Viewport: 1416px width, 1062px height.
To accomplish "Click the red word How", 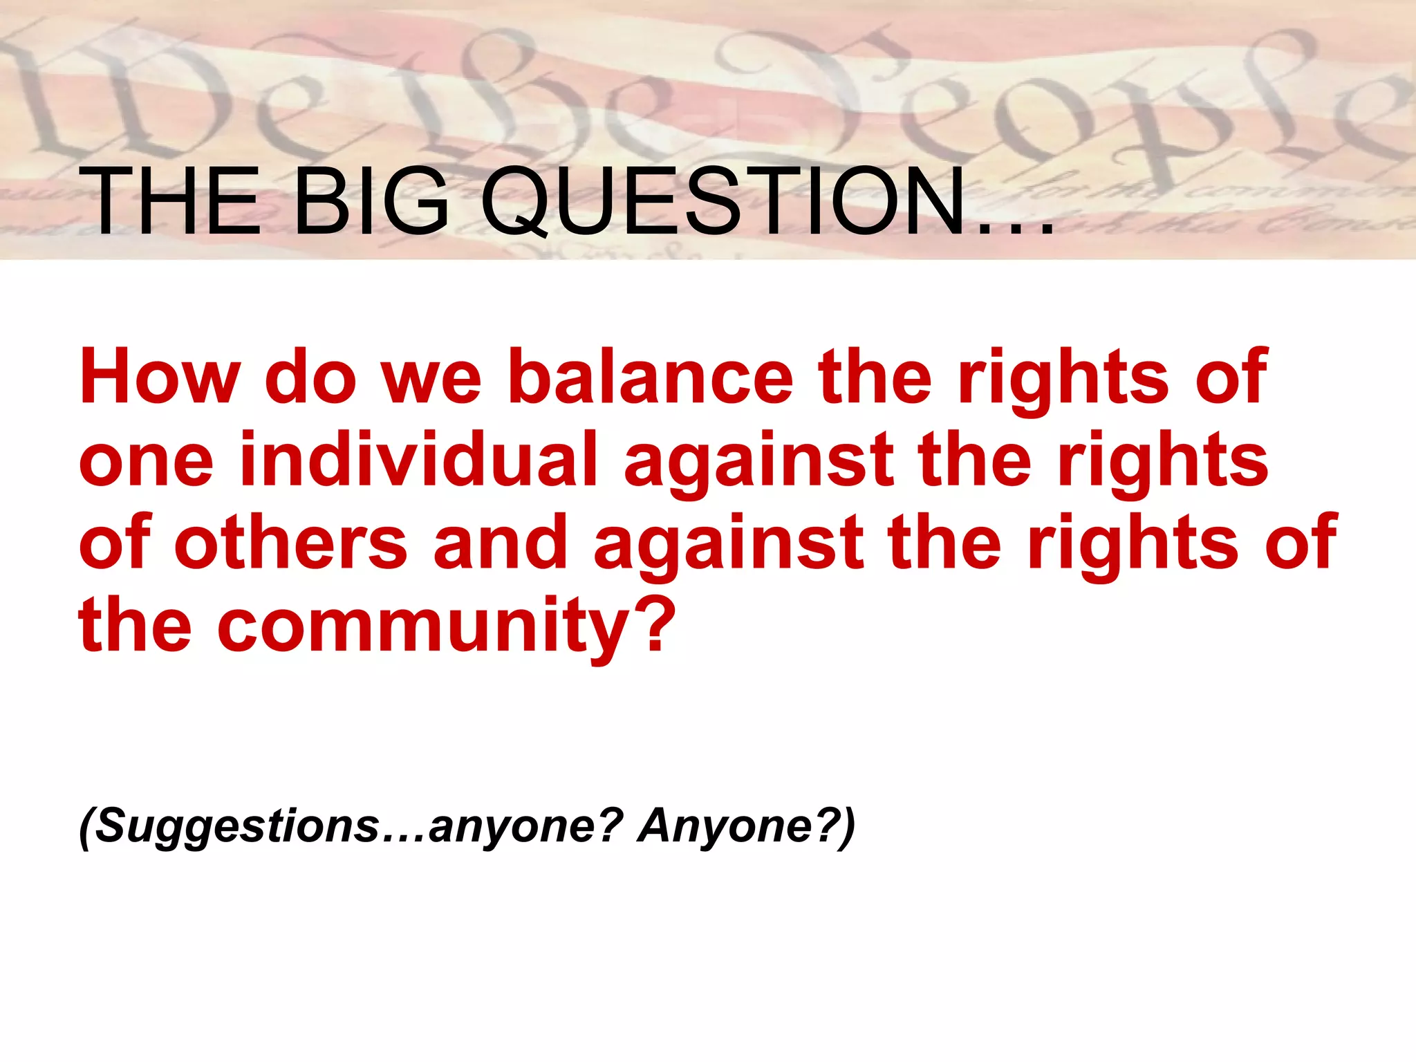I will click(160, 377).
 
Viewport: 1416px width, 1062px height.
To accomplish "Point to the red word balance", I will click(651, 377).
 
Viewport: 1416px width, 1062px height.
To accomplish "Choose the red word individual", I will click(418, 460).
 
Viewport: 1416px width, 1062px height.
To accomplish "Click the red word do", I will click(310, 377).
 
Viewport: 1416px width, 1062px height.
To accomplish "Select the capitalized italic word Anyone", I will click(722, 827).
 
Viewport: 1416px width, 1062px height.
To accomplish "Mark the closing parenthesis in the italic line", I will click(846, 827).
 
